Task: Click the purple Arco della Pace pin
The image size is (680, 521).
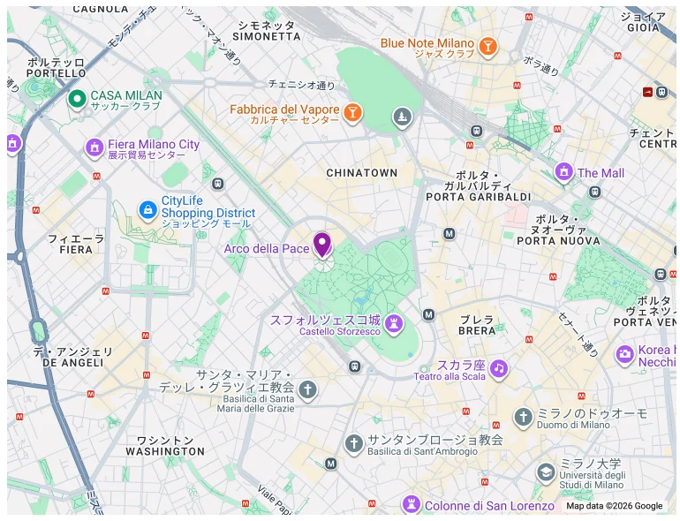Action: (322, 244)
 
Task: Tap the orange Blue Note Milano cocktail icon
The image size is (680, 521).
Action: (487, 46)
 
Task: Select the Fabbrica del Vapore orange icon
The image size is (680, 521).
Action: (352, 112)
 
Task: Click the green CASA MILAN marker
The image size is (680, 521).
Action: (77, 98)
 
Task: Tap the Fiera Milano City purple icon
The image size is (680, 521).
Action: (94, 147)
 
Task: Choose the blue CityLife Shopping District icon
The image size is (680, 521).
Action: (147, 209)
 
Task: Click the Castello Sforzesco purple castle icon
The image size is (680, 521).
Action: (394, 323)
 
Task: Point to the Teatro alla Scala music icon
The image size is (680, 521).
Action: (499, 367)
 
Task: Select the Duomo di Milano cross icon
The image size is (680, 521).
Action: (523, 417)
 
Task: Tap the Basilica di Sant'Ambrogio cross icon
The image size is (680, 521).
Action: (354, 442)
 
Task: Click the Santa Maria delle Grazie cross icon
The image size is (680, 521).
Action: (307, 389)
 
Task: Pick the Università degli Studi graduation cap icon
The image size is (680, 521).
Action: (546, 472)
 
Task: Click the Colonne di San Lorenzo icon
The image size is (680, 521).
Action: (411, 505)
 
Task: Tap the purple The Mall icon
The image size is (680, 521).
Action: (563, 171)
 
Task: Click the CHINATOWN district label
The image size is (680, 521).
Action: (362, 173)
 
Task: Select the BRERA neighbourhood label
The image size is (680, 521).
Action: (477, 331)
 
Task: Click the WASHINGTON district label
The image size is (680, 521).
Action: (165, 451)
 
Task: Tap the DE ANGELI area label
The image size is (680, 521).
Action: (73, 363)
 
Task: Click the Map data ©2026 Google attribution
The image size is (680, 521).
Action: (614, 506)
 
